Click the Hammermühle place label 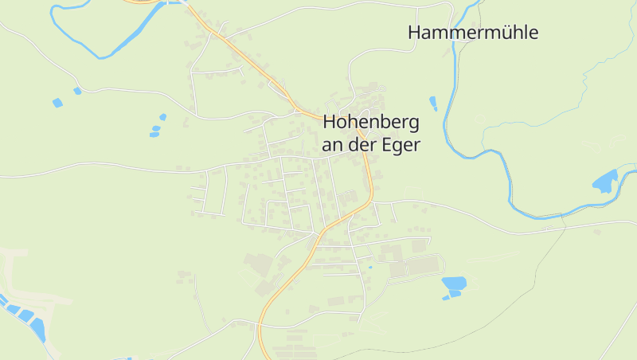click(x=473, y=33)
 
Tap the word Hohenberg click(x=371, y=123)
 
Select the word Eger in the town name click(x=400, y=145)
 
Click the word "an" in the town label click(x=331, y=145)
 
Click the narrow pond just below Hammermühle click(x=433, y=103)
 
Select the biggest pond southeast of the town click(x=454, y=283)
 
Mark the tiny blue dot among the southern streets click(x=369, y=267)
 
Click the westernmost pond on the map click(x=57, y=103)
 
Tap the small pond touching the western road click(x=77, y=91)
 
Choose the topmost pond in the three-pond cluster click(x=162, y=117)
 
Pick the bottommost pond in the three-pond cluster click(x=154, y=135)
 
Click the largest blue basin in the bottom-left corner click(x=37, y=327)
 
